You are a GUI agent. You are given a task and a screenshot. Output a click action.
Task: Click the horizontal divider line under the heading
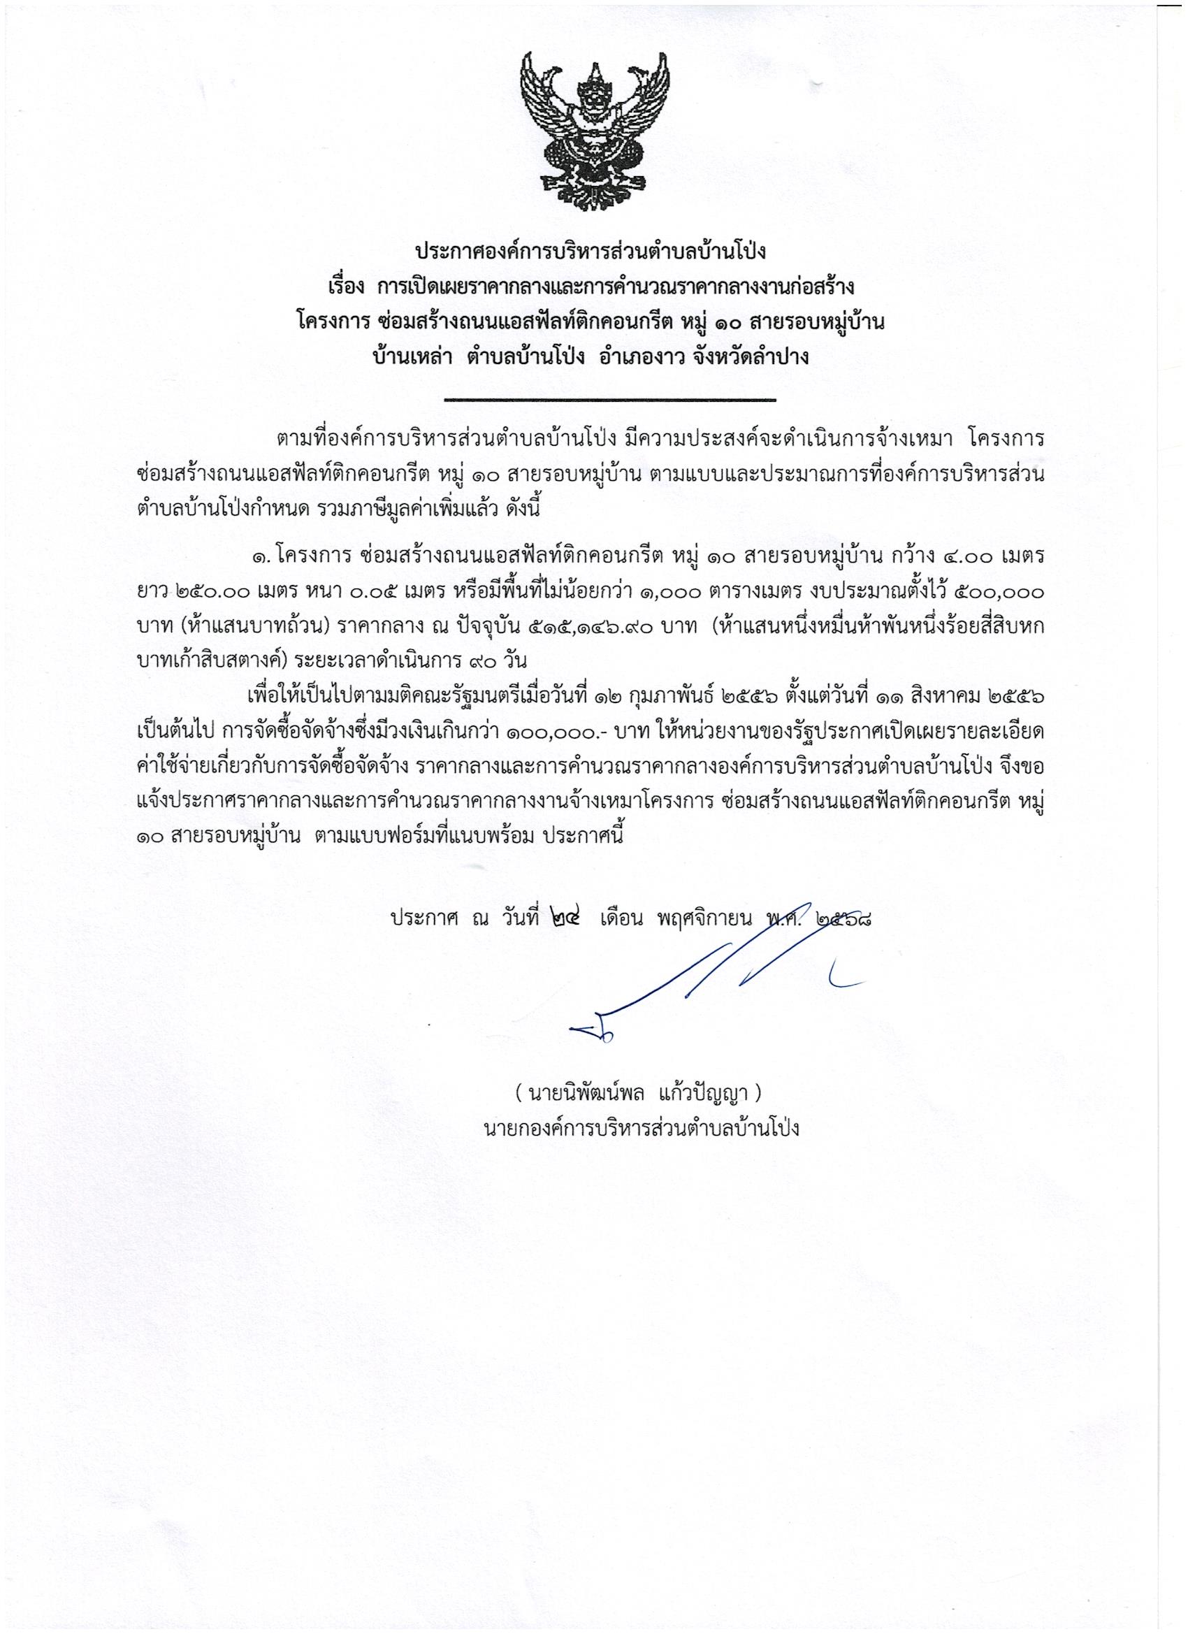point(609,398)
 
